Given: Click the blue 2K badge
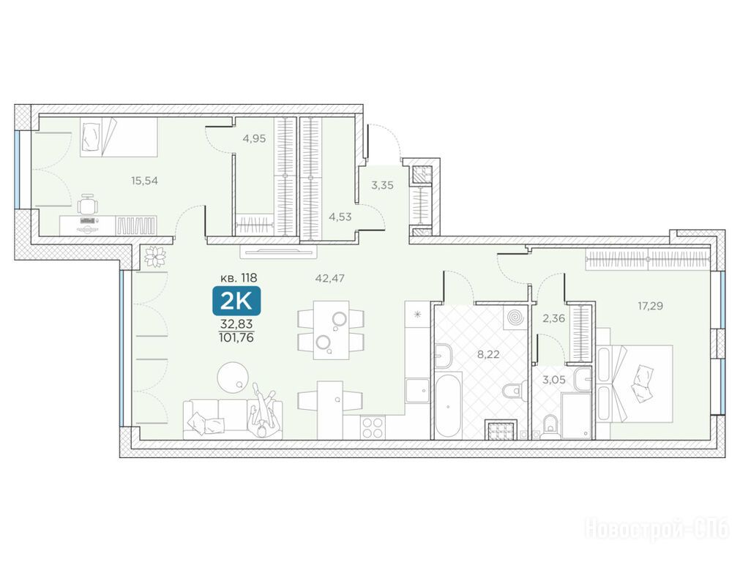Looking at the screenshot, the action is (236, 301).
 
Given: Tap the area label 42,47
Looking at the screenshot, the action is (330, 278).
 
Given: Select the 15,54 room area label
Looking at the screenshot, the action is (144, 180).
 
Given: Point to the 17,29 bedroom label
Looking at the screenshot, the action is (650, 306).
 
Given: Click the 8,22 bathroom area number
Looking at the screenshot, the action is (488, 354).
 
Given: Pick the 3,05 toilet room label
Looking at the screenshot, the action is (553, 380).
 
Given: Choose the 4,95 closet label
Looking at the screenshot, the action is (255, 139).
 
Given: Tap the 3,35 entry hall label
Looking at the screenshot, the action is (382, 185).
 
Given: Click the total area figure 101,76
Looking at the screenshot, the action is (236, 338).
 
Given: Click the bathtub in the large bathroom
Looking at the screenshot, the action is (447, 405).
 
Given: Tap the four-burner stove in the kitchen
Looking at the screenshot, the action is (373, 427).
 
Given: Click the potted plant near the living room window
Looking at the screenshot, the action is (155, 256).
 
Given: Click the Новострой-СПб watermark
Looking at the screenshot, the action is (657, 528).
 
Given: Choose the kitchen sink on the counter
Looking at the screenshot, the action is (418, 391).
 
